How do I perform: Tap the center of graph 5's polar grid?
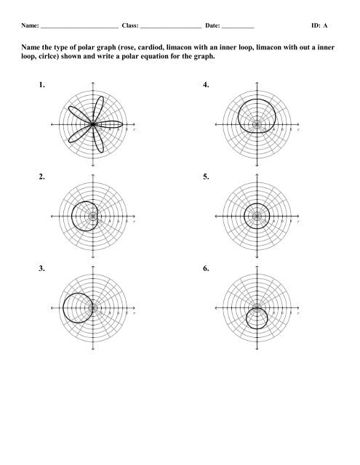257,217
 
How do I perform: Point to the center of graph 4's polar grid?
257,125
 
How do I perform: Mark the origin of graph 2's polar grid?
93,217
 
